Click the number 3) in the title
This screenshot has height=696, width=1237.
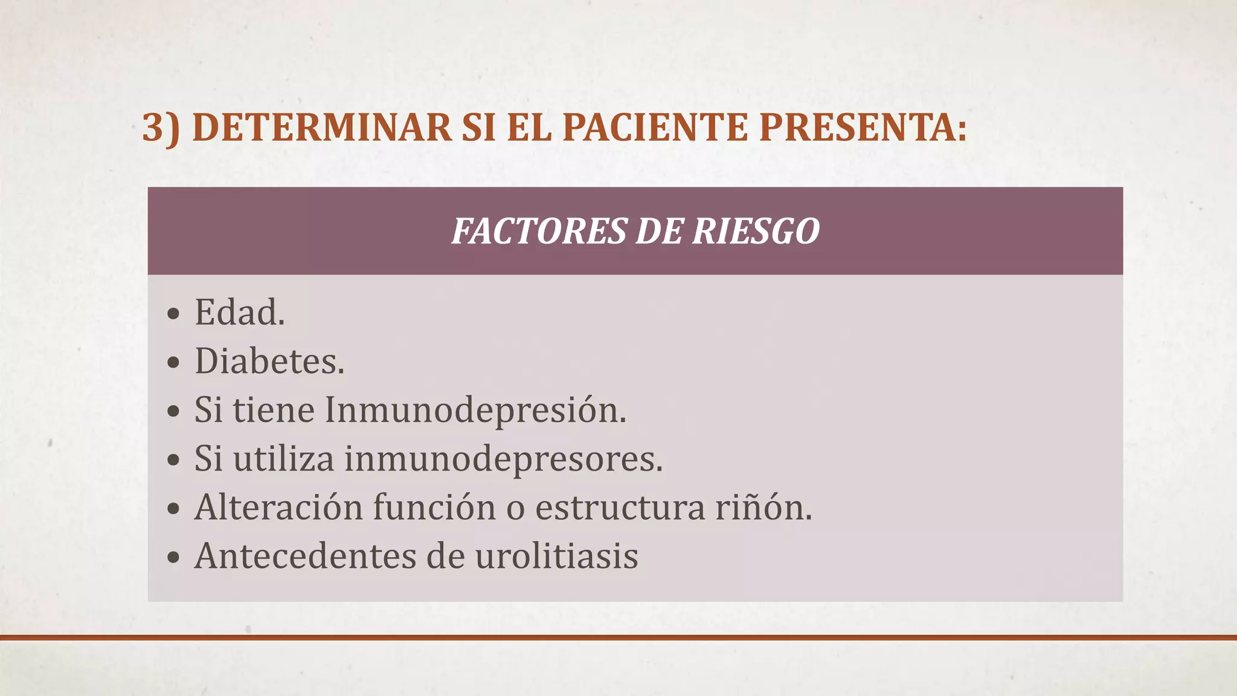(x=161, y=127)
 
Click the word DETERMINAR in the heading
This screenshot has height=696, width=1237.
(x=322, y=127)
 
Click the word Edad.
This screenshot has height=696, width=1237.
(x=239, y=313)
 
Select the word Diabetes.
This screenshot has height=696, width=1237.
(x=269, y=361)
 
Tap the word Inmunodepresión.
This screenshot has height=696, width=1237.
(x=475, y=410)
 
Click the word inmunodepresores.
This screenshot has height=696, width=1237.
(x=504, y=459)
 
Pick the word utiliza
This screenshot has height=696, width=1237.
(x=283, y=459)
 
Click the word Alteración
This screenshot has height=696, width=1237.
(x=278, y=507)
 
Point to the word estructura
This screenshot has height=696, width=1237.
(x=620, y=507)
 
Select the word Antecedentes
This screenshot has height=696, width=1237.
(x=305, y=556)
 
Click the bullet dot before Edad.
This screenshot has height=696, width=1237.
(x=174, y=314)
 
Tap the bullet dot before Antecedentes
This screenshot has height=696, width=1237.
(x=174, y=558)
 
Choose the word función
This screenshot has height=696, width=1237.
(x=434, y=507)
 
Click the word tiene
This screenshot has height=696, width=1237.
(x=274, y=410)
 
